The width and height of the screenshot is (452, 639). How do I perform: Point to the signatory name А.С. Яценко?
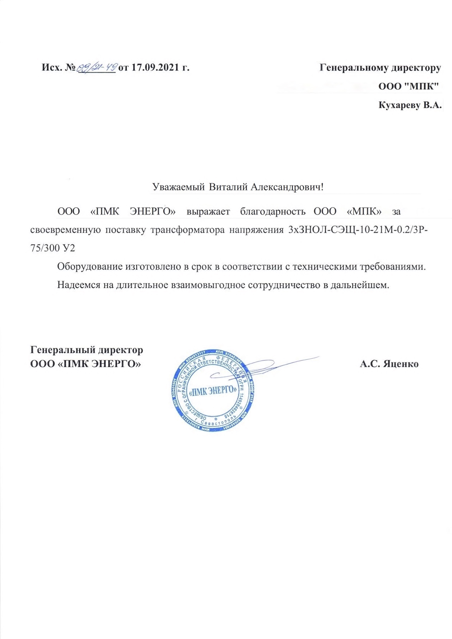tap(389, 364)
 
